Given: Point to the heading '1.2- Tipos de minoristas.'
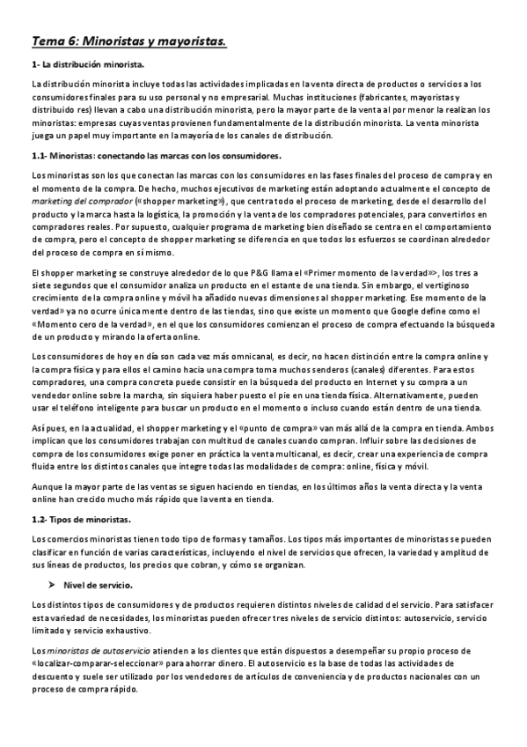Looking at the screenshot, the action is click(x=81, y=520).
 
